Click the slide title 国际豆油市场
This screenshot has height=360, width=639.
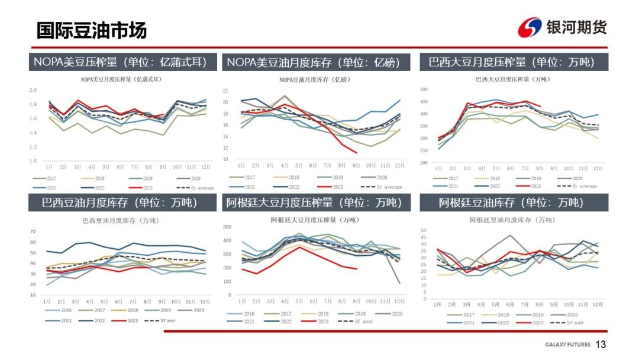tap(92, 30)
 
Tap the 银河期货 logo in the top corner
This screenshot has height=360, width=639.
tap(562, 27)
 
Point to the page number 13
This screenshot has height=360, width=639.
tap(601, 345)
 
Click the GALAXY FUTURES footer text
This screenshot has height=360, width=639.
tap(566, 345)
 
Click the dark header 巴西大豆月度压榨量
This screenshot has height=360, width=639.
tap(511, 62)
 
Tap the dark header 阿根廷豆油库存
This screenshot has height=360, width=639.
tap(511, 202)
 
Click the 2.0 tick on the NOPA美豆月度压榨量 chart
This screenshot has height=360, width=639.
tap(33, 90)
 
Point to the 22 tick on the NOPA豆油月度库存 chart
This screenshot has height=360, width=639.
tap(225, 91)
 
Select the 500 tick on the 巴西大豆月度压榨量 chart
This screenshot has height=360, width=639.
tap(424, 89)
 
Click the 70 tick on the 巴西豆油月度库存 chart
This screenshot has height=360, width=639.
tap(33, 232)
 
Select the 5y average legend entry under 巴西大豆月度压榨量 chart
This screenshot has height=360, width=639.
tap(582, 186)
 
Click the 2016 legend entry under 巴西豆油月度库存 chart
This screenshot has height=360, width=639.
tap(62, 310)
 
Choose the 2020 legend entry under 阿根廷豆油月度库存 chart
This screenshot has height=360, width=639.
tap(568, 314)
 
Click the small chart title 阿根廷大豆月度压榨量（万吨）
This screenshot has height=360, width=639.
tap(314, 220)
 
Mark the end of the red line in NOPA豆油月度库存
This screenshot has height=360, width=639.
tap(356, 153)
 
